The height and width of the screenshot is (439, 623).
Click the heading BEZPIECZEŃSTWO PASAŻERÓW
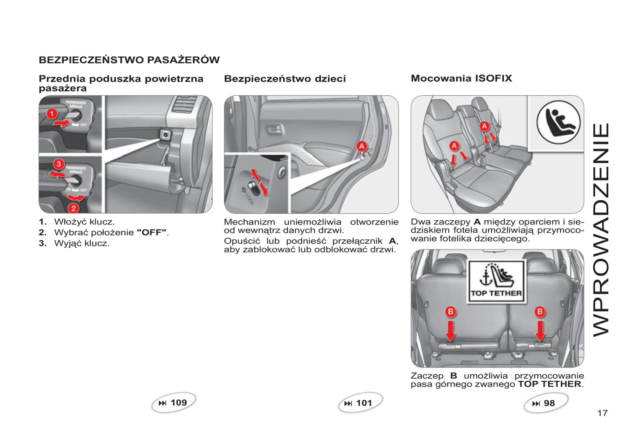point(129,60)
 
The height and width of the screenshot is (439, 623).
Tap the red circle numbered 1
point(52,113)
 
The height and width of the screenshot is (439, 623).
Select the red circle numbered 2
point(74,208)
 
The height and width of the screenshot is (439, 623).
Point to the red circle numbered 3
point(59,164)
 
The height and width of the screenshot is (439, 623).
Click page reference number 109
point(178,403)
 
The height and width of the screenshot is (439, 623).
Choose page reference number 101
point(364,403)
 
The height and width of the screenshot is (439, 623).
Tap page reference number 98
point(549,404)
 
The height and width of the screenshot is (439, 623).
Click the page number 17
point(602,414)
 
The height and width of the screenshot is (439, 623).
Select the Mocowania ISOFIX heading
point(461,78)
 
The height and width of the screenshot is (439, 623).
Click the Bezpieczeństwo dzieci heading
point(285,79)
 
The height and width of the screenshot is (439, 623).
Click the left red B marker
point(451,311)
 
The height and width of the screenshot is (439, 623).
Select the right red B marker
point(540,311)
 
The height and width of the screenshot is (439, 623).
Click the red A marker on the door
point(361,146)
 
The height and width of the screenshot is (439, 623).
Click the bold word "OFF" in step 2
point(151,233)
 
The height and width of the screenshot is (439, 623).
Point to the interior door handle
point(274,129)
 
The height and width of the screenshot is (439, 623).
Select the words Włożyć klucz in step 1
point(84,222)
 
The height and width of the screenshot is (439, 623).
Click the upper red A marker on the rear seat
point(484,126)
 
